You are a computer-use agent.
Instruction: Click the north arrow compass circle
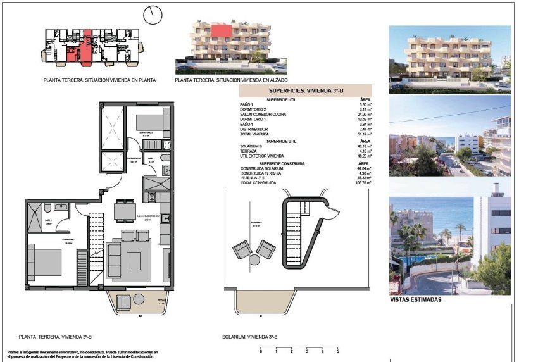point(153,13)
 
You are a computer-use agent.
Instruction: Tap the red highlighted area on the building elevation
point(221,30)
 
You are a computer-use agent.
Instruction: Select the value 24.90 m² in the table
point(365,114)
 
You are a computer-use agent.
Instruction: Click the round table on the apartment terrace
point(139,300)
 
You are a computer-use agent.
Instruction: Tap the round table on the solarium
point(254,259)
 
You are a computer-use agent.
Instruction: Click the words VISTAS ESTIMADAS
point(416,300)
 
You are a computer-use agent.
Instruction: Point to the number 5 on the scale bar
point(337,351)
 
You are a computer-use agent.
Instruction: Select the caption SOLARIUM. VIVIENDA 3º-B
point(249,337)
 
